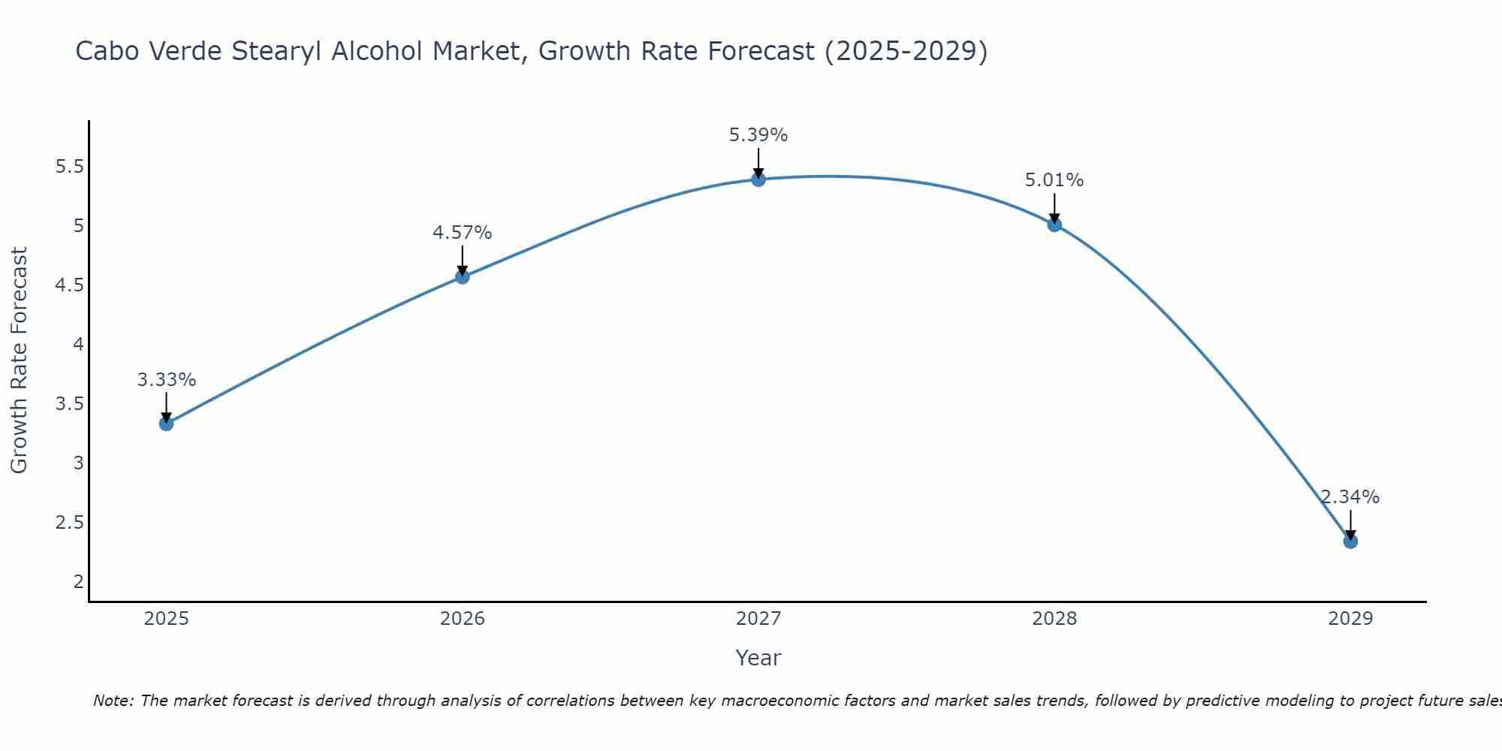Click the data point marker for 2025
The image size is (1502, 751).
(166, 424)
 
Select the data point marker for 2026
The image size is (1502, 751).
(462, 276)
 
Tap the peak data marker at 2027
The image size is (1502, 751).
(758, 179)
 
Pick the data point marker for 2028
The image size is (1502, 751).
(1054, 224)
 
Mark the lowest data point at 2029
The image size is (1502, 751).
(1350, 541)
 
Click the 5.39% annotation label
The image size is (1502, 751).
(758, 135)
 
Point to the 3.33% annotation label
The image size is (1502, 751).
(166, 380)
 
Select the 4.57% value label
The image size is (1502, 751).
(462, 233)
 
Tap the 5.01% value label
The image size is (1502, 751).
(1054, 180)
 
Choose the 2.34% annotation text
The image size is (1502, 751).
(1350, 497)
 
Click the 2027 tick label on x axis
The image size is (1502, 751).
(758, 619)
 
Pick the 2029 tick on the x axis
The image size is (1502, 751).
(1350, 619)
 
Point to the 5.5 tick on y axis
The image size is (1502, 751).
(69, 167)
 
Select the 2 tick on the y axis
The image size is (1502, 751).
(78, 581)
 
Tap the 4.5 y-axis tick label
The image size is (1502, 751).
(69, 285)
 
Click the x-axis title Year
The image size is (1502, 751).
(758, 658)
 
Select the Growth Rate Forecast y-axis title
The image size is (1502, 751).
(20, 360)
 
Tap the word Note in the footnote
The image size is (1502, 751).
(113, 701)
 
